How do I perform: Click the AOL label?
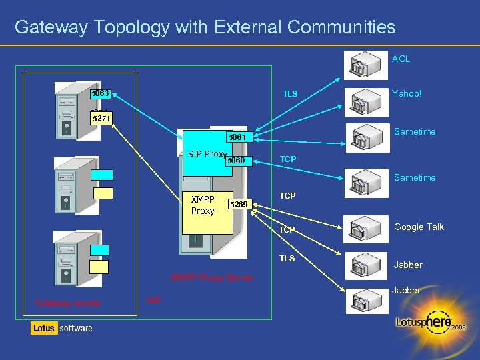[401, 59]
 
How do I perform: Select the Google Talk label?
[419, 227]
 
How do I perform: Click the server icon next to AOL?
[365, 65]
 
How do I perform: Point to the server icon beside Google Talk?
[365, 231]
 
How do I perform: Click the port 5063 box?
[101, 93]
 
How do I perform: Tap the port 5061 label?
[237, 137]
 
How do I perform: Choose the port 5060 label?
[237, 161]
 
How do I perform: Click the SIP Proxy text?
[207, 154]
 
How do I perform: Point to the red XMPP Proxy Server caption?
[212, 277]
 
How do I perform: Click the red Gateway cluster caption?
[68, 303]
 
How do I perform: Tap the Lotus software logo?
[61, 328]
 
